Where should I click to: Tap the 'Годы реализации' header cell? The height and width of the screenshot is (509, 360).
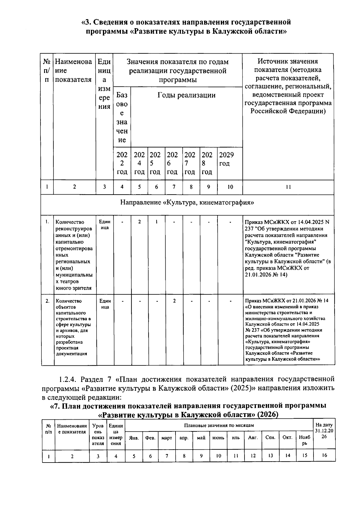(x=186, y=95)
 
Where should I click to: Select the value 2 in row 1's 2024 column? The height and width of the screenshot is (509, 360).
(x=139, y=222)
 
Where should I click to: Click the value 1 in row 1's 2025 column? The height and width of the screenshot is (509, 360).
(x=157, y=222)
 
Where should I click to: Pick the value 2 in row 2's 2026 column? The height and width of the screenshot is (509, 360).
(x=174, y=301)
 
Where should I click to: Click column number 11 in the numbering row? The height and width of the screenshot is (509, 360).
(x=288, y=187)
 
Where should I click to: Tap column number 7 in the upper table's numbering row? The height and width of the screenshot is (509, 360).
(x=174, y=187)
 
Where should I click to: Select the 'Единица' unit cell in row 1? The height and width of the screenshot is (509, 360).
(x=104, y=225)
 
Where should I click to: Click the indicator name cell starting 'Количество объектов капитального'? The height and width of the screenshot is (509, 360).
(x=73, y=327)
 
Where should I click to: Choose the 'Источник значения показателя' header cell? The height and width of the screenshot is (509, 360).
(x=288, y=86)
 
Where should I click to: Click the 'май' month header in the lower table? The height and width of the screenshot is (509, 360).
(x=201, y=438)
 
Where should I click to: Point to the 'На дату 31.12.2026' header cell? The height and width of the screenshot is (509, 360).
(x=324, y=431)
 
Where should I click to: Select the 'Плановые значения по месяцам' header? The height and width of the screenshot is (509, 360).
(x=219, y=425)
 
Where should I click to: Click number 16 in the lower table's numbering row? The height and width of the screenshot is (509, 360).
(x=324, y=455)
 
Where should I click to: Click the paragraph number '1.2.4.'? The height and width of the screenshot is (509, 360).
(x=68, y=379)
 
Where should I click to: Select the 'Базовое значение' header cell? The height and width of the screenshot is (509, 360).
(x=122, y=118)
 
